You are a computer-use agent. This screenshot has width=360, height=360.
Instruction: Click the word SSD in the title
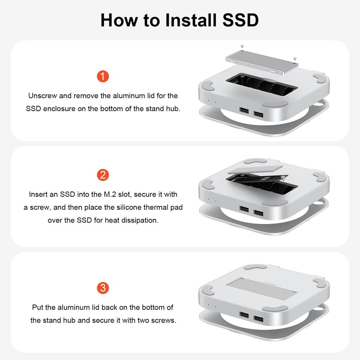[x=241, y=20]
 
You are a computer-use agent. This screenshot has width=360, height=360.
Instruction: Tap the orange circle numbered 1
[x=103, y=76]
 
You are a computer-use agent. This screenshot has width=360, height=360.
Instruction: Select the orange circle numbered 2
[x=103, y=175]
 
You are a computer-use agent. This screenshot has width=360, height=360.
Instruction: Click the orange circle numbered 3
[x=103, y=288]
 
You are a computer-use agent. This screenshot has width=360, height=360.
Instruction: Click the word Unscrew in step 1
[x=42, y=96]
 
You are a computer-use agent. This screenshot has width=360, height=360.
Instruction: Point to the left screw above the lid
[x=242, y=46]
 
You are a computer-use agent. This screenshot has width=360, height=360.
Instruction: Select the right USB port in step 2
[x=258, y=213]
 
